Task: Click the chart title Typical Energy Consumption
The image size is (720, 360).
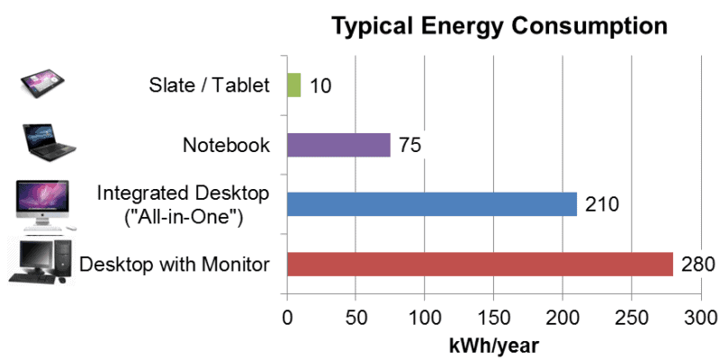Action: click(x=499, y=26)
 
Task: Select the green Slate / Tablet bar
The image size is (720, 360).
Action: click(x=293, y=85)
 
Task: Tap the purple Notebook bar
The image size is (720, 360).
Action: click(x=337, y=145)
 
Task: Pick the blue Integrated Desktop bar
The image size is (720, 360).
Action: click(x=431, y=204)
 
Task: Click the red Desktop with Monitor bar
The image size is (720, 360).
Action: click(x=479, y=264)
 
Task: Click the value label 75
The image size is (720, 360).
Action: click(x=409, y=146)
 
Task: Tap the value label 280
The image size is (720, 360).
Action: click(x=697, y=265)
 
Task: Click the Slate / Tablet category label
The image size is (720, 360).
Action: click(x=209, y=86)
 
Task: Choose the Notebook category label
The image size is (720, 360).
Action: click(x=226, y=145)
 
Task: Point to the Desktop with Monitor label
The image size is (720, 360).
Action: click(x=175, y=265)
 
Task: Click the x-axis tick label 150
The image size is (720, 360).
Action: click(x=493, y=318)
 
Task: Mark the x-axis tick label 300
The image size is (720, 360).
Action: click(x=700, y=318)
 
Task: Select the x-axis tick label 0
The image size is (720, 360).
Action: click(x=286, y=318)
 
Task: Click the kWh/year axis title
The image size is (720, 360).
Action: click(x=493, y=344)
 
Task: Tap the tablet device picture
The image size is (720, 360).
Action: click(x=44, y=85)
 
